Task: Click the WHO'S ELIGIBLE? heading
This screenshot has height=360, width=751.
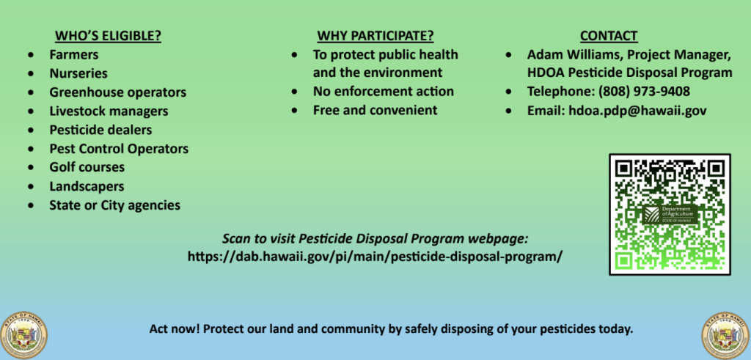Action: tap(109, 36)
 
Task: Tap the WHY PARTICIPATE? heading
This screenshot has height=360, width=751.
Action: tap(375, 36)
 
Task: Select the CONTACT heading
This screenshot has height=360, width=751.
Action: tap(609, 36)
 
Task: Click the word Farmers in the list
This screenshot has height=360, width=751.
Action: tap(74, 54)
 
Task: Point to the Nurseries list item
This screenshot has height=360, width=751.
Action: tap(78, 73)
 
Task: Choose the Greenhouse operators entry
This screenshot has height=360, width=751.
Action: tap(118, 92)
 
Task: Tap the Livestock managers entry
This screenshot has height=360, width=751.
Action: tap(109, 111)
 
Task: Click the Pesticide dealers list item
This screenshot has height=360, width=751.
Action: tap(100, 130)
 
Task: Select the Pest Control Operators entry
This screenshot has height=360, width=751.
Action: tap(119, 149)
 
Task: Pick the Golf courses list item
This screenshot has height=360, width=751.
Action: tap(87, 168)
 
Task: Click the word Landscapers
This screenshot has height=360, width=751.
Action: tap(87, 186)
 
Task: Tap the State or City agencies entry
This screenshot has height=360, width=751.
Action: tap(115, 205)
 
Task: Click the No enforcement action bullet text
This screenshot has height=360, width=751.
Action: tap(384, 92)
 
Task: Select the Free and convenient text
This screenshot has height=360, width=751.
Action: tap(375, 110)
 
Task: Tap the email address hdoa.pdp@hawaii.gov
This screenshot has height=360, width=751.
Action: tap(637, 111)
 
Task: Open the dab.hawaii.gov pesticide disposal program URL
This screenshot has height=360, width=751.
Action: tap(375, 257)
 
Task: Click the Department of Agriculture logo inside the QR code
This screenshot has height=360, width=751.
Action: tap(669, 215)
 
